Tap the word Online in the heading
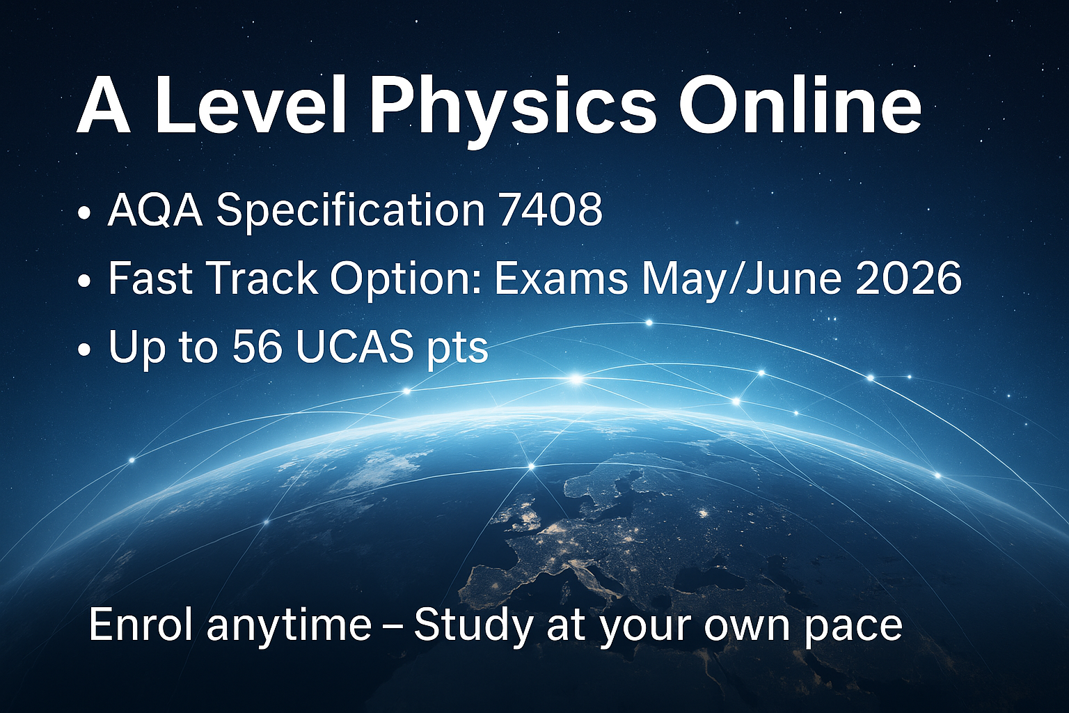click(x=800, y=104)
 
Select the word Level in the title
click(x=248, y=104)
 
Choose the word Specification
click(x=351, y=212)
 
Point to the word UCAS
click(x=354, y=346)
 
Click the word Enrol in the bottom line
click(x=141, y=625)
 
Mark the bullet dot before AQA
click(x=84, y=213)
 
